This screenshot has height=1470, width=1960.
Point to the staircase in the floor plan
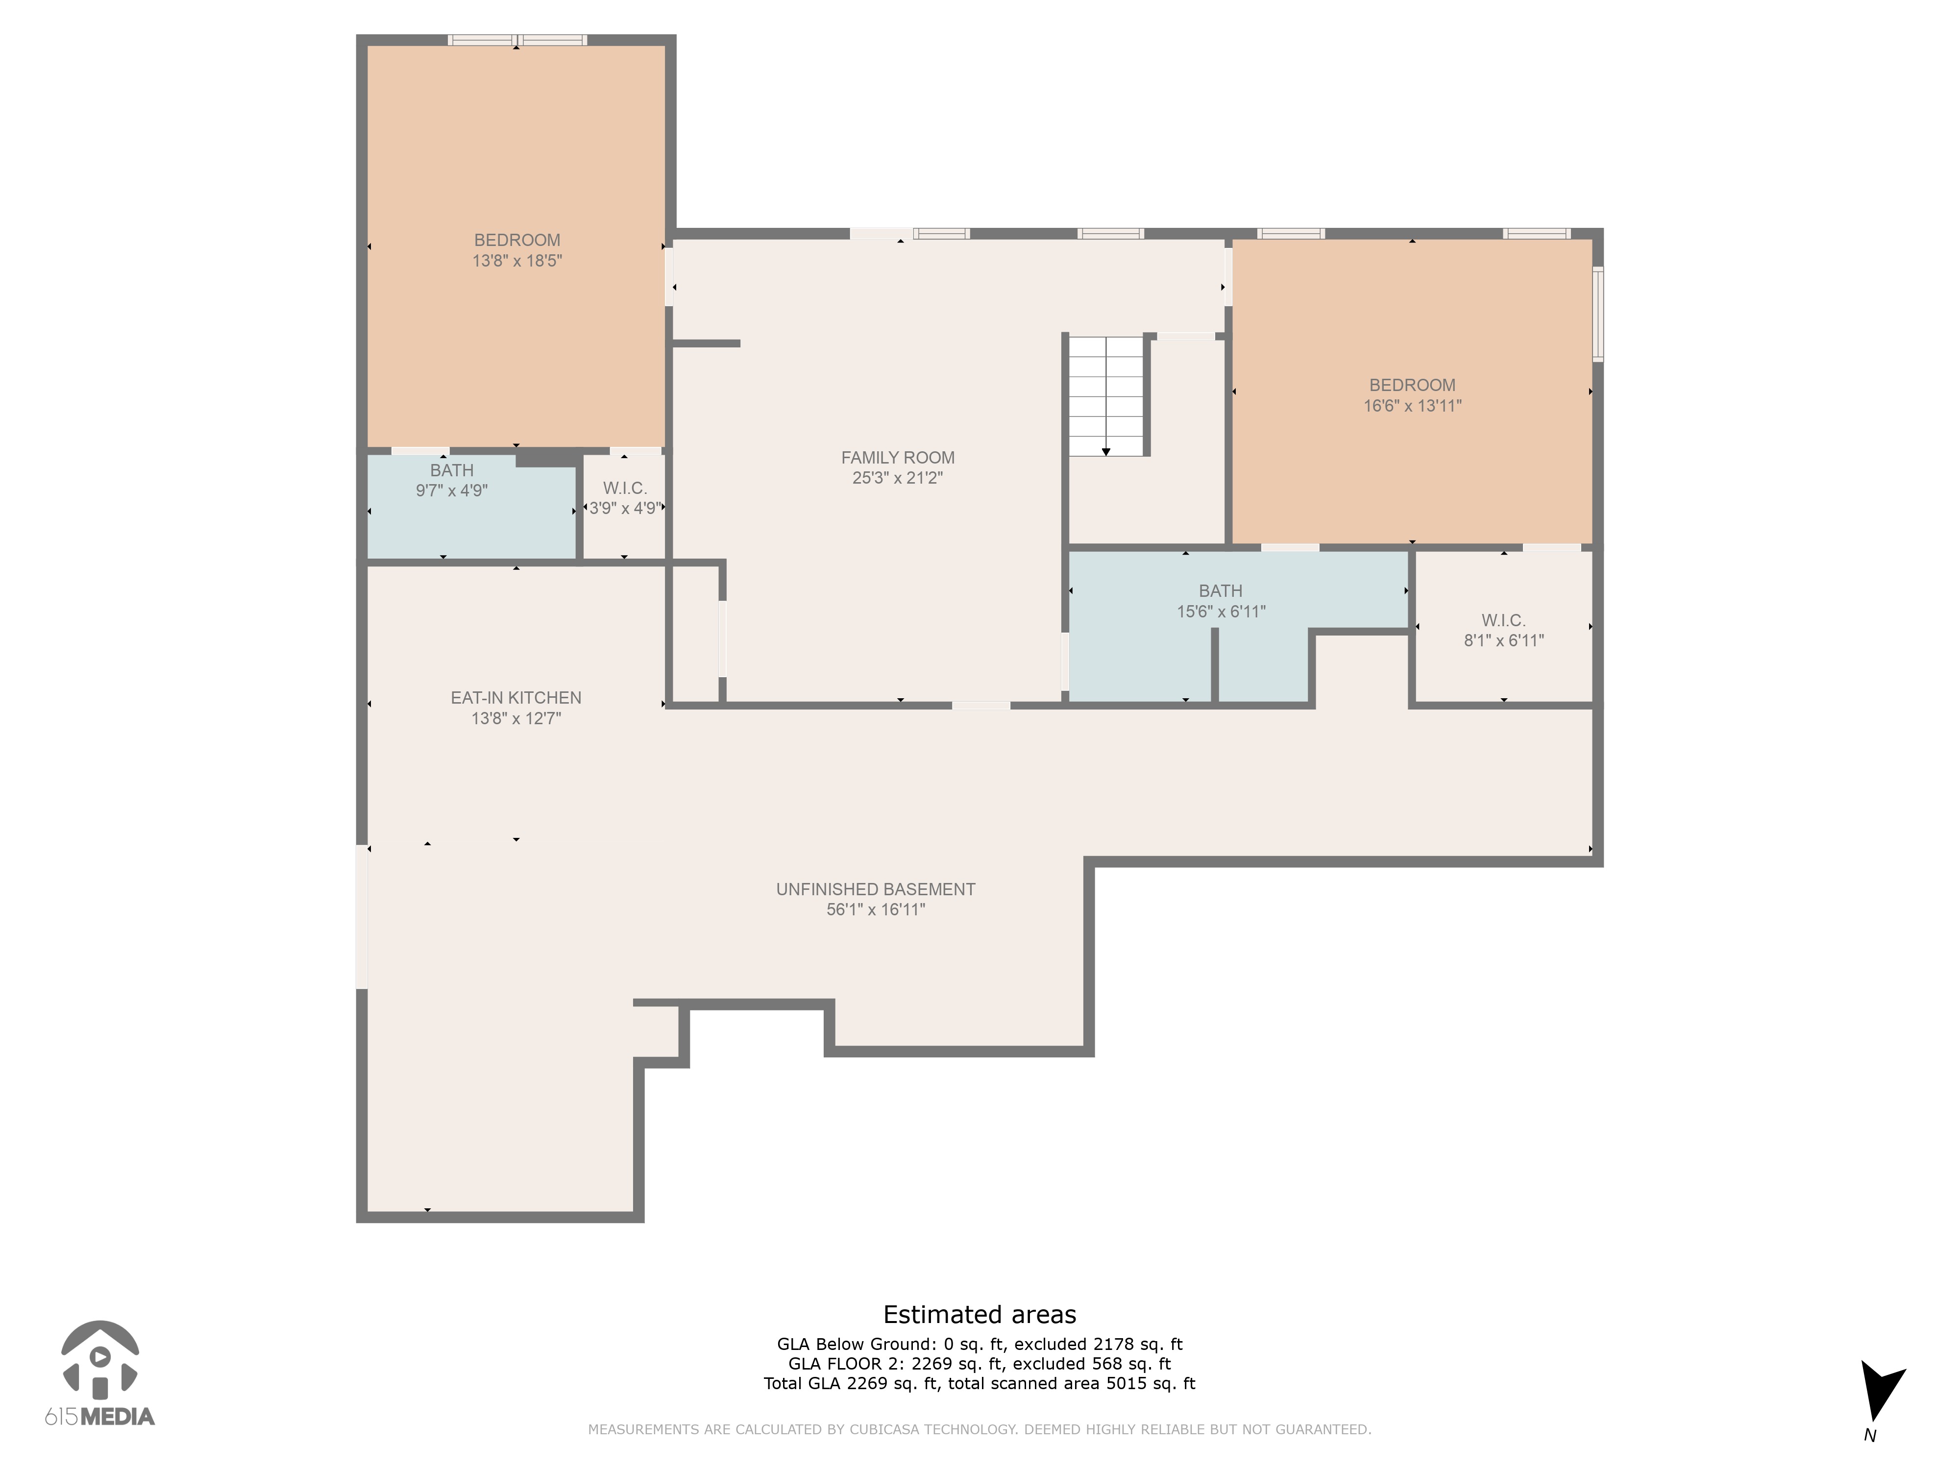(x=1106, y=396)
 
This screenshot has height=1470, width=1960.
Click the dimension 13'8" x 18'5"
(x=516, y=261)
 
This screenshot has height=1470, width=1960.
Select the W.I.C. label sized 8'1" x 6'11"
(x=1504, y=620)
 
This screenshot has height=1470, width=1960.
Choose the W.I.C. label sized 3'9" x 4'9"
(x=625, y=488)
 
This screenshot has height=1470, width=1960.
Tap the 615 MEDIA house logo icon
(x=100, y=1360)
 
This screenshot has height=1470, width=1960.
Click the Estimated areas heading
(x=979, y=1314)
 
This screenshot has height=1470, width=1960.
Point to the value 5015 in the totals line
(x=1126, y=1383)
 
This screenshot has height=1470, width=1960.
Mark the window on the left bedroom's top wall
(x=517, y=40)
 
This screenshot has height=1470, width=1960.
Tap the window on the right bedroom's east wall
(x=1597, y=314)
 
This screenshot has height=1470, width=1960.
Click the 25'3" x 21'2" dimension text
(x=898, y=478)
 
